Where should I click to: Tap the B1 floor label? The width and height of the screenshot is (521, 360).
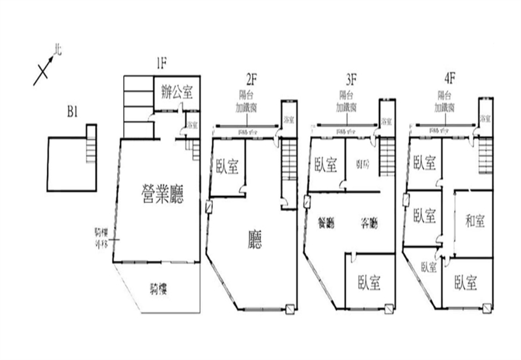(73, 112)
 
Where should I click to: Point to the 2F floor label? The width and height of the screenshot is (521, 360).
(253, 80)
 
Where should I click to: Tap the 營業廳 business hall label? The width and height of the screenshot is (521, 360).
(163, 193)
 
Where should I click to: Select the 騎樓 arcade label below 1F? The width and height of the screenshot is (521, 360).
(160, 288)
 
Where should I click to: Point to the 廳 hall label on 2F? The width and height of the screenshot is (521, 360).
(255, 240)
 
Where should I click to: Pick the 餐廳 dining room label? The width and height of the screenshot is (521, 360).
(325, 223)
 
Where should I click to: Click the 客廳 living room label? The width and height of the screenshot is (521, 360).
(369, 223)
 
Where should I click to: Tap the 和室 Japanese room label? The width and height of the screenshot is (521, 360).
(475, 221)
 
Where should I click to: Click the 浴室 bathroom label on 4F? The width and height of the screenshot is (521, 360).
(485, 119)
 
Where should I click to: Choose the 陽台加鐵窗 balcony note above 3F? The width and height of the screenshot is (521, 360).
(346, 100)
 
